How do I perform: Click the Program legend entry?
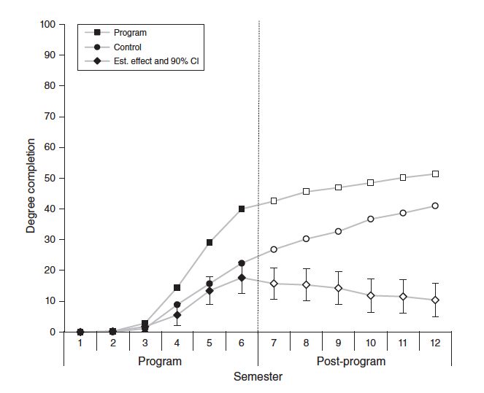point(131,33)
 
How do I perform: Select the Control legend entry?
point(128,47)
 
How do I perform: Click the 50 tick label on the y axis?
point(50,178)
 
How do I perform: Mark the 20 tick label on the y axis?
point(50,271)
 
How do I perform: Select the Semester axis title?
point(258,377)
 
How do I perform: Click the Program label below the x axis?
point(161,361)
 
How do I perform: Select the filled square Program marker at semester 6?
point(242,209)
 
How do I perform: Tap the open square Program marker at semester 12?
point(435,174)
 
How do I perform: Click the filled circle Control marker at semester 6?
point(242,263)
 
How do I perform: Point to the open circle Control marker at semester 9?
point(339,231)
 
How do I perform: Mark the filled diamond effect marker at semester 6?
point(242,278)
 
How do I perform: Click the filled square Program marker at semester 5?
point(210,243)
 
